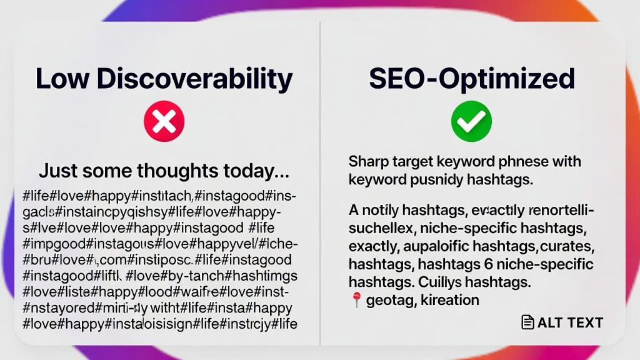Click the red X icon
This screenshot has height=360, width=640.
point(164,122)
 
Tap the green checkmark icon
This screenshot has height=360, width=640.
point(471,122)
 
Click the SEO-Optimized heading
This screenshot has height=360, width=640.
point(471,79)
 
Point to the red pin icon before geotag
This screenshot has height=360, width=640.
point(356,300)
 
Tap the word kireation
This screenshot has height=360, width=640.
point(450,300)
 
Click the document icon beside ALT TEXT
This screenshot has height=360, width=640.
point(528,322)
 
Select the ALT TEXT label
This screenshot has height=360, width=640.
point(570,322)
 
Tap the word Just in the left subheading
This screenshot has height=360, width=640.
point(55,171)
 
